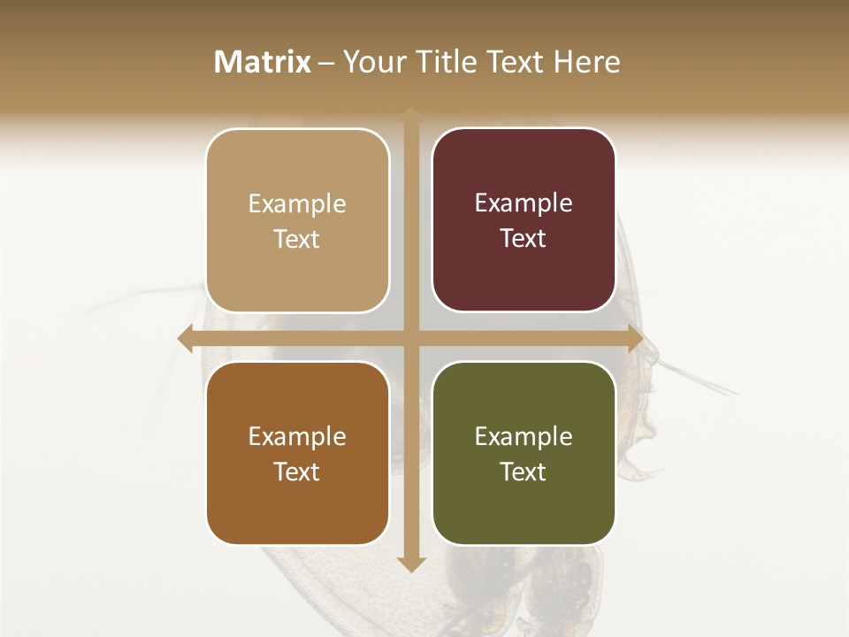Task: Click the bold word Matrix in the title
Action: pyautogui.click(x=263, y=62)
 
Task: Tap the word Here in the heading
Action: pyautogui.click(x=587, y=62)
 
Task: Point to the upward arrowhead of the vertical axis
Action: pyautogui.click(x=410, y=113)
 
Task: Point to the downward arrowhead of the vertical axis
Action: pyautogui.click(x=410, y=564)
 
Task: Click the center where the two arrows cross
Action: pyautogui.click(x=410, y=339)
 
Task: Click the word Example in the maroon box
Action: pyautogui.click(x=524, y=203)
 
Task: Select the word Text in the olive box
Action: pyautogui.click(x=524, y=472)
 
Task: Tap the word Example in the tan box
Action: pyautogui.click(x=297, y=204)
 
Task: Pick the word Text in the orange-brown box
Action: pyautogui.click(x=297, y=472)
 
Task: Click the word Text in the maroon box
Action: pyautogui.click(x=524, y=239)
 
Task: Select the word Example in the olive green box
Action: pyautogui.click(x=524, y=437)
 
